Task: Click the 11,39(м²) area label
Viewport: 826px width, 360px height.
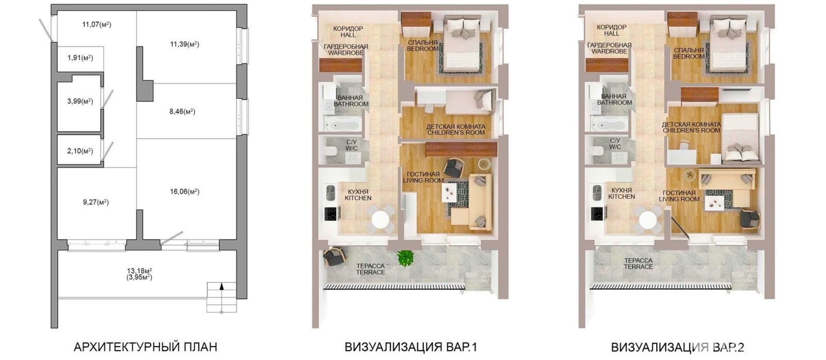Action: tap(184, 44)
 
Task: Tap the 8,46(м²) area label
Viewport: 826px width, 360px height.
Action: tap(182, 112)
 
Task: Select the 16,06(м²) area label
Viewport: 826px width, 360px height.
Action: tap(185, 192)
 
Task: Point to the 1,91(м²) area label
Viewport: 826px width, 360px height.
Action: tap(80, 58)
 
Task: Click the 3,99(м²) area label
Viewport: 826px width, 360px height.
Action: tap(80, 101)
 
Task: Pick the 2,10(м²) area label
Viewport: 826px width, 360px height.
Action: tap(80, 151)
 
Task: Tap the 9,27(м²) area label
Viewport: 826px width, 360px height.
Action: tap(96, 202)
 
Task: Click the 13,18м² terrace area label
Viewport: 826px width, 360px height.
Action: tap(139, 272)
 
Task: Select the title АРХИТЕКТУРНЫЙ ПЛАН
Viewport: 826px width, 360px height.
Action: tap(145, 347)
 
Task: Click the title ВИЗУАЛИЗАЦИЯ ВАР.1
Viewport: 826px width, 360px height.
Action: tap(411, 347)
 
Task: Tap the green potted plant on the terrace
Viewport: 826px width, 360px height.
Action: tap(405, 258)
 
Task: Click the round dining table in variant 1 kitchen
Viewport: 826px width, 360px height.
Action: tap(380, 220)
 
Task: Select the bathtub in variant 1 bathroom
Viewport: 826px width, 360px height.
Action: tap(341, 123)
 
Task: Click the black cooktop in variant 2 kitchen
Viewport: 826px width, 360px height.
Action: tap(597, 213)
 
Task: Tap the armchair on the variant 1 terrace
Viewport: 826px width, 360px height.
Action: tap(335, 256)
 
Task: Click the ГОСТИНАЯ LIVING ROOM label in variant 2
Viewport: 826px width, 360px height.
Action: tap(679, 196)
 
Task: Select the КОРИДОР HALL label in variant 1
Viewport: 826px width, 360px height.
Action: tap(348, 32)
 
